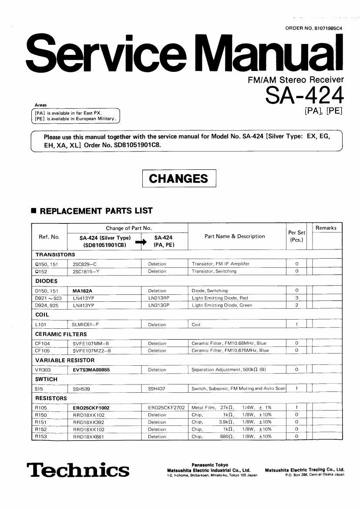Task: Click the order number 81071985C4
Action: pyautogui.click(x=314, y=28)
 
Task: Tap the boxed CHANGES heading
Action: pyautogui.click(x=179, y=179)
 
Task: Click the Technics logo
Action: pyautogui.click(x=78, y=470)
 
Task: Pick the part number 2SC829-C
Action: pyautogui.click(x=84, y=264)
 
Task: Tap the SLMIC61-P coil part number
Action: pyautogui.click(x=86, y=324)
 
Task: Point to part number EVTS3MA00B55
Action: pyautogui.click(x=91, y=370)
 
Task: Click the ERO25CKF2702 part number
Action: pyautogui.click(x=166, y=408)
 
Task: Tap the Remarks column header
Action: pyautogui.click(x=326, y=228)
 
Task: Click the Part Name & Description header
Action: pyautogui.click(x=235, y=236)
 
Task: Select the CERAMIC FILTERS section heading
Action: pyautogui.click(x=61, y=334)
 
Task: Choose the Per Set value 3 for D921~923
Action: pyautogui.click(x=296, y=298)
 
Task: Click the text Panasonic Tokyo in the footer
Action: pyautogui.click(x=209, y=465)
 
